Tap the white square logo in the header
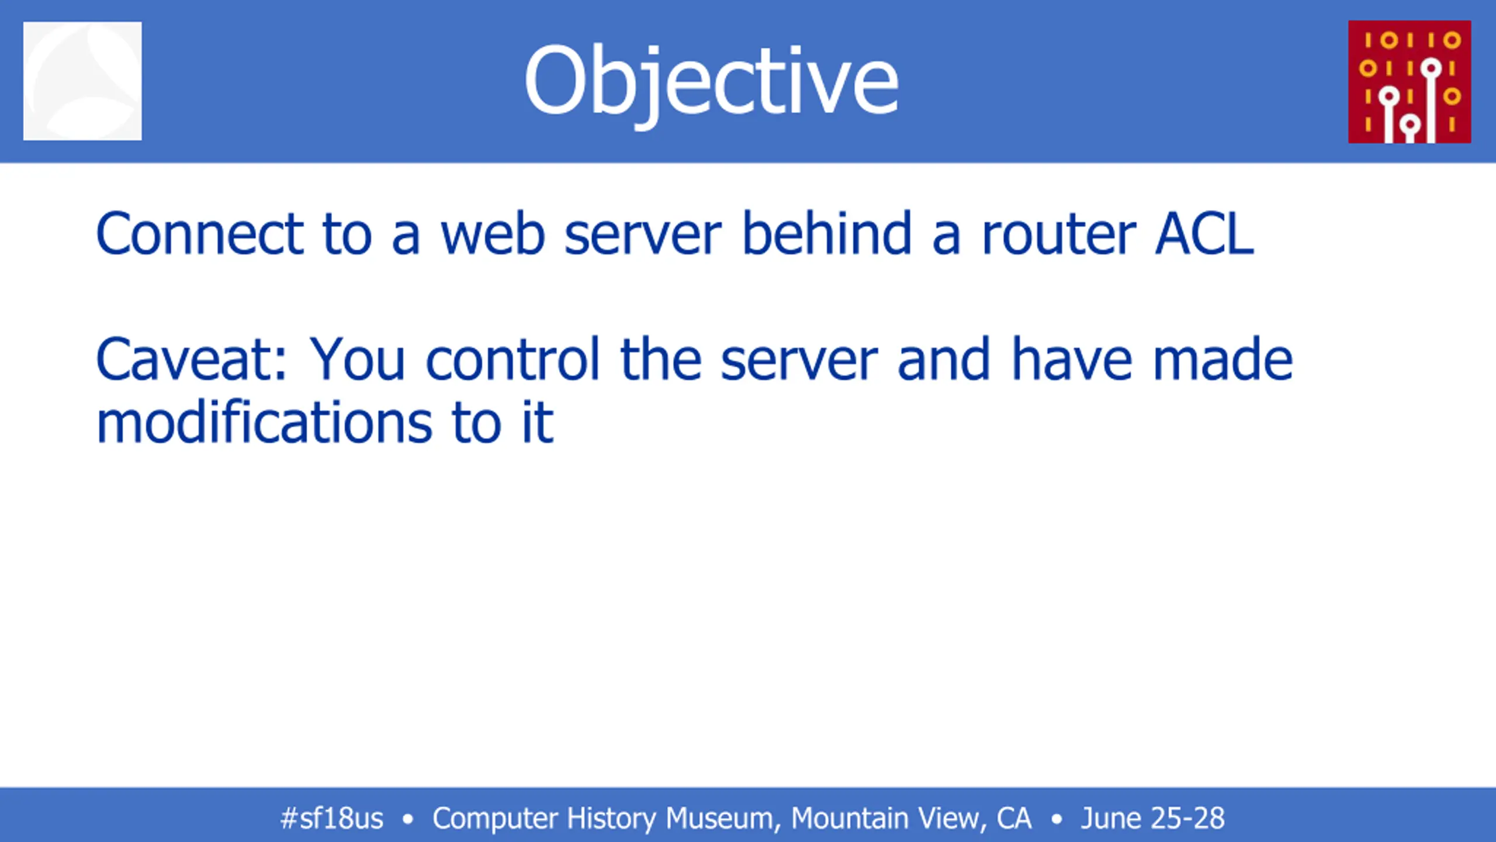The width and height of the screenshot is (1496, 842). tap(82, 81)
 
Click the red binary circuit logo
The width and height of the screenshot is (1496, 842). tap(1410, 82)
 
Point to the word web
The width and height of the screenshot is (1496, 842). tap(493, 233)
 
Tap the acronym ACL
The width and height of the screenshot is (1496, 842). tap(1205, 233)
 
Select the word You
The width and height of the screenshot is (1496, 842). tap(357, 359)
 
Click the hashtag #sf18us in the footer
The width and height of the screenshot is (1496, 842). tap(331, 818)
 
